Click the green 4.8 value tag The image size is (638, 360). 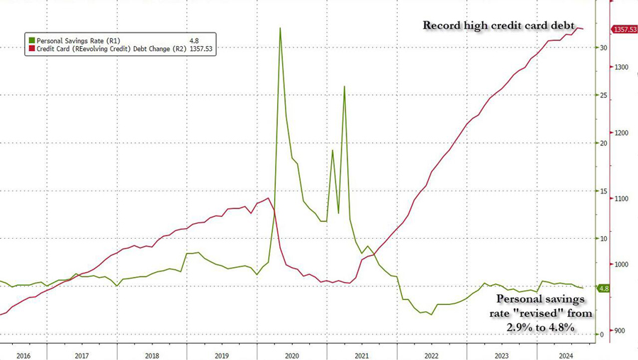(604, 288)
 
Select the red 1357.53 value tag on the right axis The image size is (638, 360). (625, 29)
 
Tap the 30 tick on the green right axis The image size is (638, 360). (603, 47)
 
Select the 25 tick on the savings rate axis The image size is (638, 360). (603, 95)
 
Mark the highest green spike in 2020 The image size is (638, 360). (280, 28)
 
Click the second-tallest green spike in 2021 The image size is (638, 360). (345, 86)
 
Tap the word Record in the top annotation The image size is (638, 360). (444, 26)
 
